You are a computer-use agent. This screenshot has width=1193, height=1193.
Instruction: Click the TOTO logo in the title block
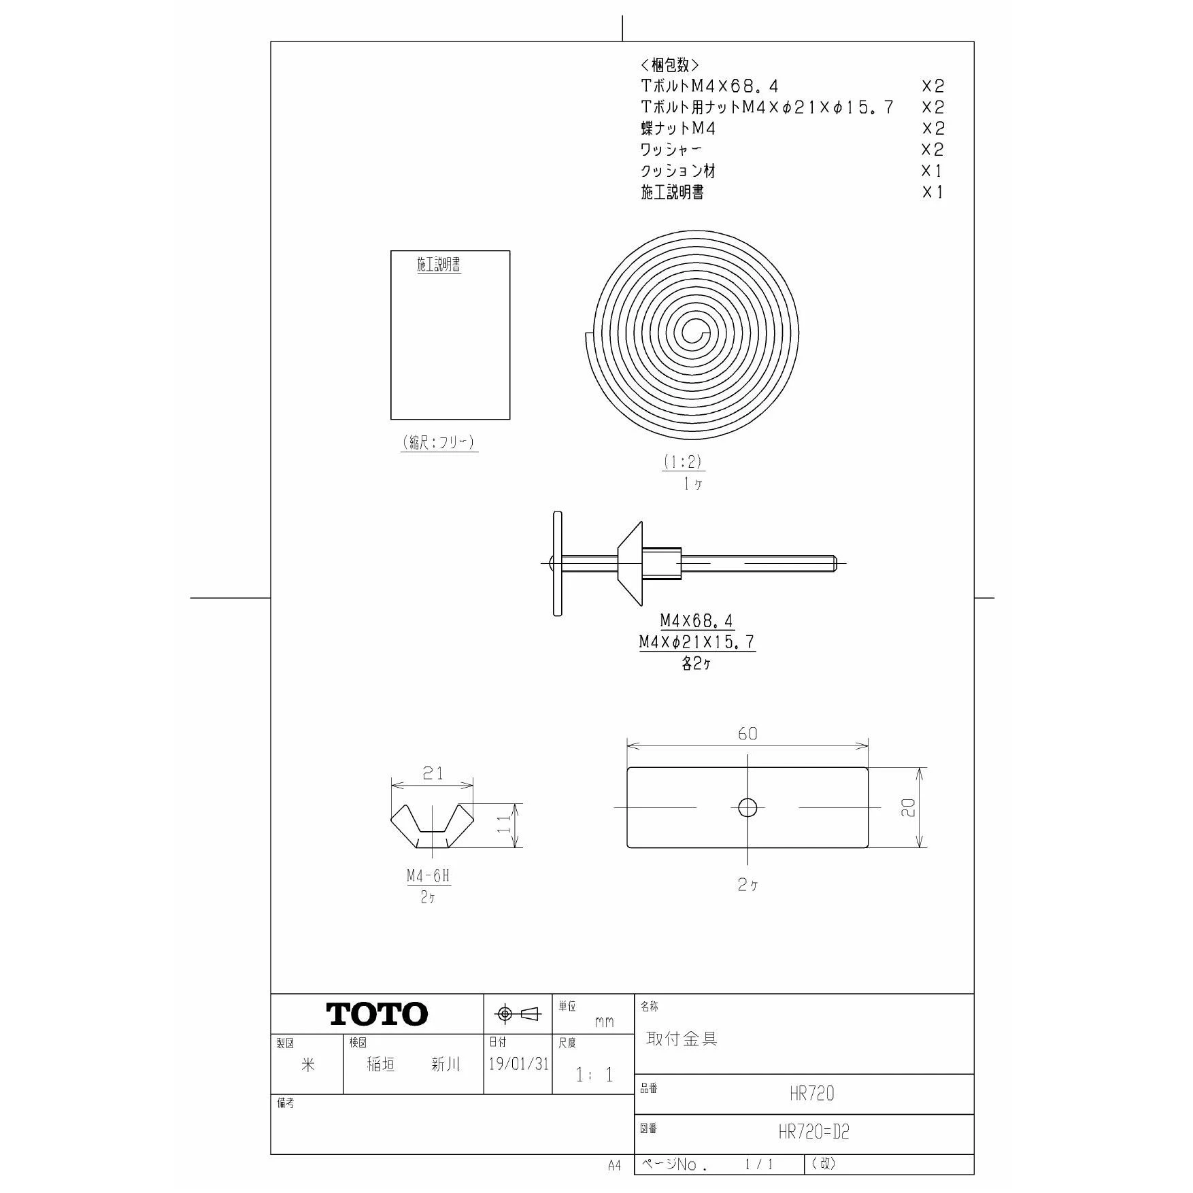pos(377,1014)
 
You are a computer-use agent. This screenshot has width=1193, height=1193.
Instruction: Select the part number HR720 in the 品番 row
pos(812,1094)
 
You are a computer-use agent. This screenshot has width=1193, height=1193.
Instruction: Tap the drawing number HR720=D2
pos(814,1132)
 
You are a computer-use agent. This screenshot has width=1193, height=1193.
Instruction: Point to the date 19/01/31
pos(518,1064)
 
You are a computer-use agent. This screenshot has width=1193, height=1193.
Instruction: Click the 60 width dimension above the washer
pos(747,733)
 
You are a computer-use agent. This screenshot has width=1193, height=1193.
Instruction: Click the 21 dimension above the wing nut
pos(433,773)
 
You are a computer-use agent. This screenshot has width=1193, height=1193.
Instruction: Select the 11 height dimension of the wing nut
pos(504,825)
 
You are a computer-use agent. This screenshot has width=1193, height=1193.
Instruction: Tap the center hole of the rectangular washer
pos(747,807)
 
